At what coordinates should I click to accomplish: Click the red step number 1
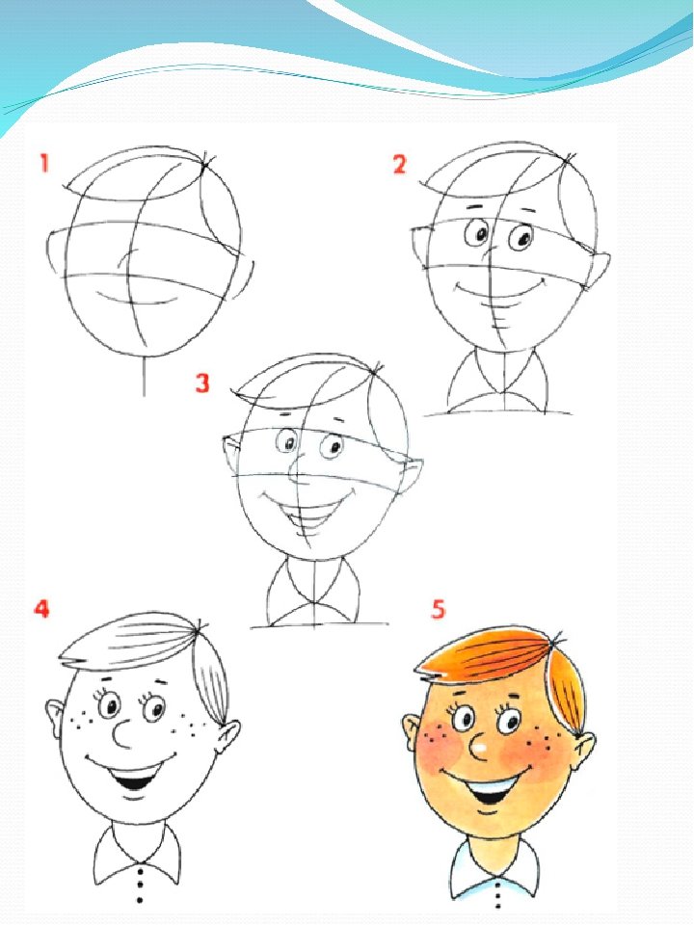tap(43, 163)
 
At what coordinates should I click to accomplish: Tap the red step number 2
tap(399, 164)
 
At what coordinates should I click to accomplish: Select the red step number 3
tap(202, 383)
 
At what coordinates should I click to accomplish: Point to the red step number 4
tap(41, 608)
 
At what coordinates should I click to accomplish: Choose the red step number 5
tap(438, 609)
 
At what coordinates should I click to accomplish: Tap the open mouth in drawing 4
tap(135, 775)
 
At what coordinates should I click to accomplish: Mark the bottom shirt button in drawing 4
tap(140, 900)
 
